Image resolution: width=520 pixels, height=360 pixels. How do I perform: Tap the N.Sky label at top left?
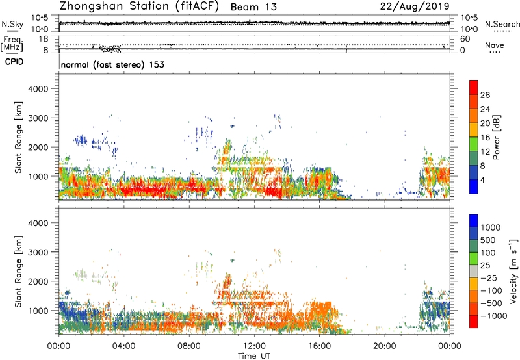(x=11, y=25)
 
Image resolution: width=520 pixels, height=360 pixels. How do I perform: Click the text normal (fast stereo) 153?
(x=112, y=65)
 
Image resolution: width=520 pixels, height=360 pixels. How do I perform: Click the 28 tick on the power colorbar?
(x=484, y=94)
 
